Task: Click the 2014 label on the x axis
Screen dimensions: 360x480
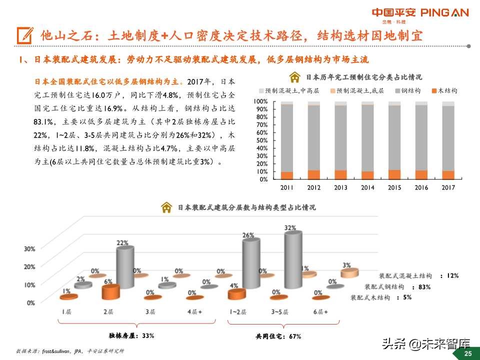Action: [x=367, y=187]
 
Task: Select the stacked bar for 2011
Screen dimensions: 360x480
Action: [x=286, y=140]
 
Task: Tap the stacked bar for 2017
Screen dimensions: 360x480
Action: [x=448, y=140]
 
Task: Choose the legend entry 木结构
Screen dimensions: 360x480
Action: [x=446, y=91]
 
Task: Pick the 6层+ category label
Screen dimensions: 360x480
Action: [x=320, y=312]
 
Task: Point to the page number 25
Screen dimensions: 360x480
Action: [x=468, y=353]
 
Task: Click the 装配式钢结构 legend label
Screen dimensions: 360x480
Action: [x=384, y=287]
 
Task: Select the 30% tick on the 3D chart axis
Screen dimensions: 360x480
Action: [x=29, y=248]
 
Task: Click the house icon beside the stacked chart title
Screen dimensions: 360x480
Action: [x=295, y=77]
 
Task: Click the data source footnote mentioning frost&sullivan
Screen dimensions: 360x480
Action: [x=70, y=350]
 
